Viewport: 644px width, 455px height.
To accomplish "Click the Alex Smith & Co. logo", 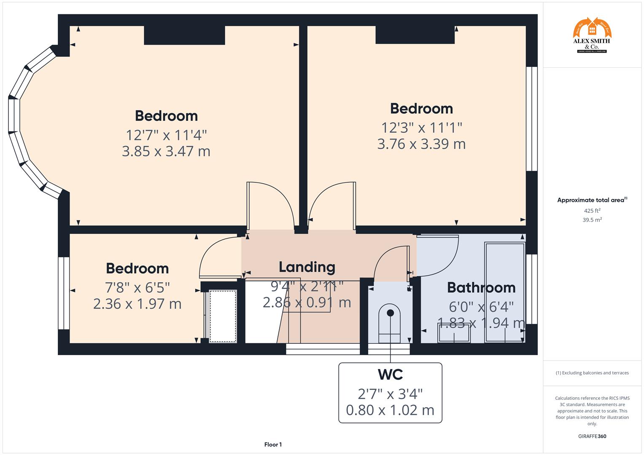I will [592, 35].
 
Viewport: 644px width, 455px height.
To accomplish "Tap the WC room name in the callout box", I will [390, 375].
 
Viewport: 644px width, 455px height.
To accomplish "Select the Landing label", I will [307, 267].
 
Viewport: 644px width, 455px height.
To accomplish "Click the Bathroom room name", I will [481, 288].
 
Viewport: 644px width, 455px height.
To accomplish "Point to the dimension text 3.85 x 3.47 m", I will [166, 151].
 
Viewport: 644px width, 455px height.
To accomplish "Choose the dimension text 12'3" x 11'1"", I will [421, 127].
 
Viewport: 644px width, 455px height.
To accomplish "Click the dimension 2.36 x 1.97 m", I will [137, 304].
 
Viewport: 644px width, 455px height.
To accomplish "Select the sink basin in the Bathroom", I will [454, 335].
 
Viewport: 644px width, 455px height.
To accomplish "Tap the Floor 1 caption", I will [273, 444].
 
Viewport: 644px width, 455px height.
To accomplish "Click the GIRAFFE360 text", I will [592, 436].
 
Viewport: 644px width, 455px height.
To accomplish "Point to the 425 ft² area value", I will [592, 211].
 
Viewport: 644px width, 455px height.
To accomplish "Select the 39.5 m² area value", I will [592, 220].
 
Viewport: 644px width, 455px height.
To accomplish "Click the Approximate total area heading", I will [592, 200].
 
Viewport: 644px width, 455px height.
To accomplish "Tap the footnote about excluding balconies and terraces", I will [592, 373].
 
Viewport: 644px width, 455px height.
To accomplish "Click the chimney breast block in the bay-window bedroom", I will [184, 35].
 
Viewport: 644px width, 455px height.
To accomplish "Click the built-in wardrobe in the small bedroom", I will [223, 316].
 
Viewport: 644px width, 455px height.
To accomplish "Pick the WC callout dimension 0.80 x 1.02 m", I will [390, 410].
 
